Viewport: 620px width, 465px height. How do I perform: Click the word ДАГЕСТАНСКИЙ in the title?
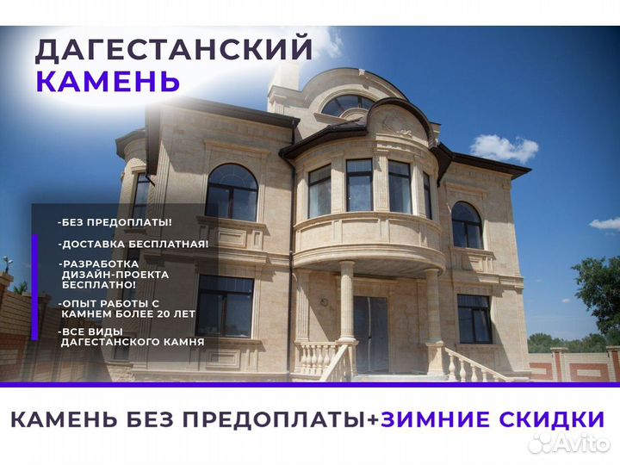173,49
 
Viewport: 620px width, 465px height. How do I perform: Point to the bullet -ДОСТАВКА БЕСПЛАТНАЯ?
133,244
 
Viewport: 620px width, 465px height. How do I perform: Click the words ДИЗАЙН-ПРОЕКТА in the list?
115,274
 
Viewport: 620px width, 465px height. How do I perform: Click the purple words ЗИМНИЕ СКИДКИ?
493,419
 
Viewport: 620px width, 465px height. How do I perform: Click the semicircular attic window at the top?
346,105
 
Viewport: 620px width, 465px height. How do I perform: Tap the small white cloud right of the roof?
503,147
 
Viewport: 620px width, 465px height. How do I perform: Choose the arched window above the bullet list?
232,192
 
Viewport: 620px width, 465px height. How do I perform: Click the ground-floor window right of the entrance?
474,319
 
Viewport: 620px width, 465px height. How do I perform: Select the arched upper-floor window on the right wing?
467,226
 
